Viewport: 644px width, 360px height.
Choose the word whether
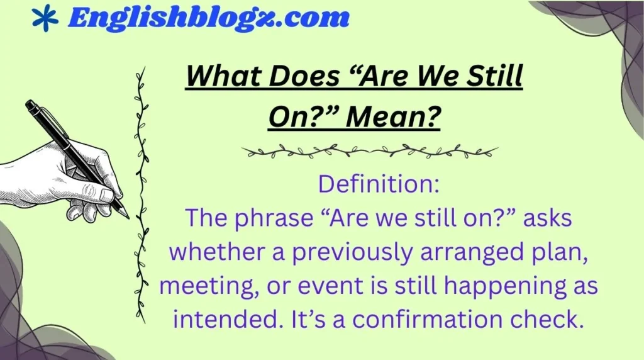(x=206, y=252)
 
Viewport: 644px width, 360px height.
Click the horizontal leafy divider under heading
(x=369, y=151)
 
